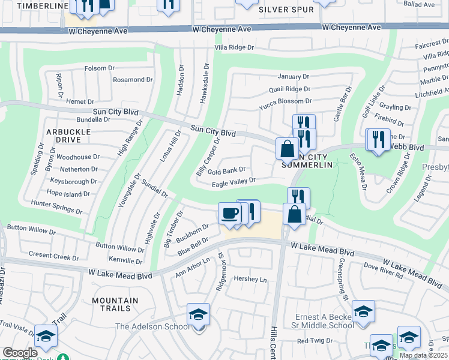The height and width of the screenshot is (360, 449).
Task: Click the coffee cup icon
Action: click(229, 213)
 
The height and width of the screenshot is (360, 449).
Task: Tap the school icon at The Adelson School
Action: click(198, 315)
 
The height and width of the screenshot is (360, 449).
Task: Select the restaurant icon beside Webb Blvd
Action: click(378, 140)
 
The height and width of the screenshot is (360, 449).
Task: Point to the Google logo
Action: click(19, 353)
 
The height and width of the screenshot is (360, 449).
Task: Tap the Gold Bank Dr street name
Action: click(228, 170)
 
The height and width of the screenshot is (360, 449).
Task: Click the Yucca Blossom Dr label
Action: click(285, 102)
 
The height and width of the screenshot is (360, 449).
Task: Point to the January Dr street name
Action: click(293, 77)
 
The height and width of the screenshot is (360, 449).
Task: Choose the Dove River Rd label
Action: click(382, 272)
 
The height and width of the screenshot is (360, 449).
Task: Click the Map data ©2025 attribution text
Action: click(423, 355)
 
